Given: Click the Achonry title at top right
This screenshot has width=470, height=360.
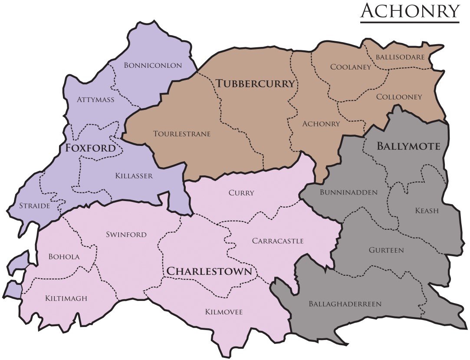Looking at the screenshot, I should (410, 10).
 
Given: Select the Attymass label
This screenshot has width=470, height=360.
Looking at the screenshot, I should (95, 100).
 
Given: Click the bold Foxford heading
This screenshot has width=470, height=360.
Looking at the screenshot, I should (91, 148).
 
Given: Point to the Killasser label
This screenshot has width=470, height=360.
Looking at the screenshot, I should (134, 176).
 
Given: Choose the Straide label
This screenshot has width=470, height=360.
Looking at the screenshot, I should (34, 205).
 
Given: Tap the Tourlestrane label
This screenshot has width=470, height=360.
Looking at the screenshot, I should (182, 134).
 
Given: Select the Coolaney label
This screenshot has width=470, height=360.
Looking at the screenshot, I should (351, 67).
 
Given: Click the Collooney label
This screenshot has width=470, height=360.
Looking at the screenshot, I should (399, 97).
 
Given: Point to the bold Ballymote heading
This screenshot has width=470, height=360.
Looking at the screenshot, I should (408, 146).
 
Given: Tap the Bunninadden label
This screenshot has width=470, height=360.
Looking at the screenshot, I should (348, 192).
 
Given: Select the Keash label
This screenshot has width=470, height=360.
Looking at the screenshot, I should (427, 211).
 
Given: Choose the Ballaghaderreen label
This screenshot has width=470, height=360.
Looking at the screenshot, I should (345, 304).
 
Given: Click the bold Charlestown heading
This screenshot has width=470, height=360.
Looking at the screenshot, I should (209, 271).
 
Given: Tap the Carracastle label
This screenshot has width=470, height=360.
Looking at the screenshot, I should (278, 241).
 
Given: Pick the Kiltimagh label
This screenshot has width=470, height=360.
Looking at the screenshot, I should (66, 298).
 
